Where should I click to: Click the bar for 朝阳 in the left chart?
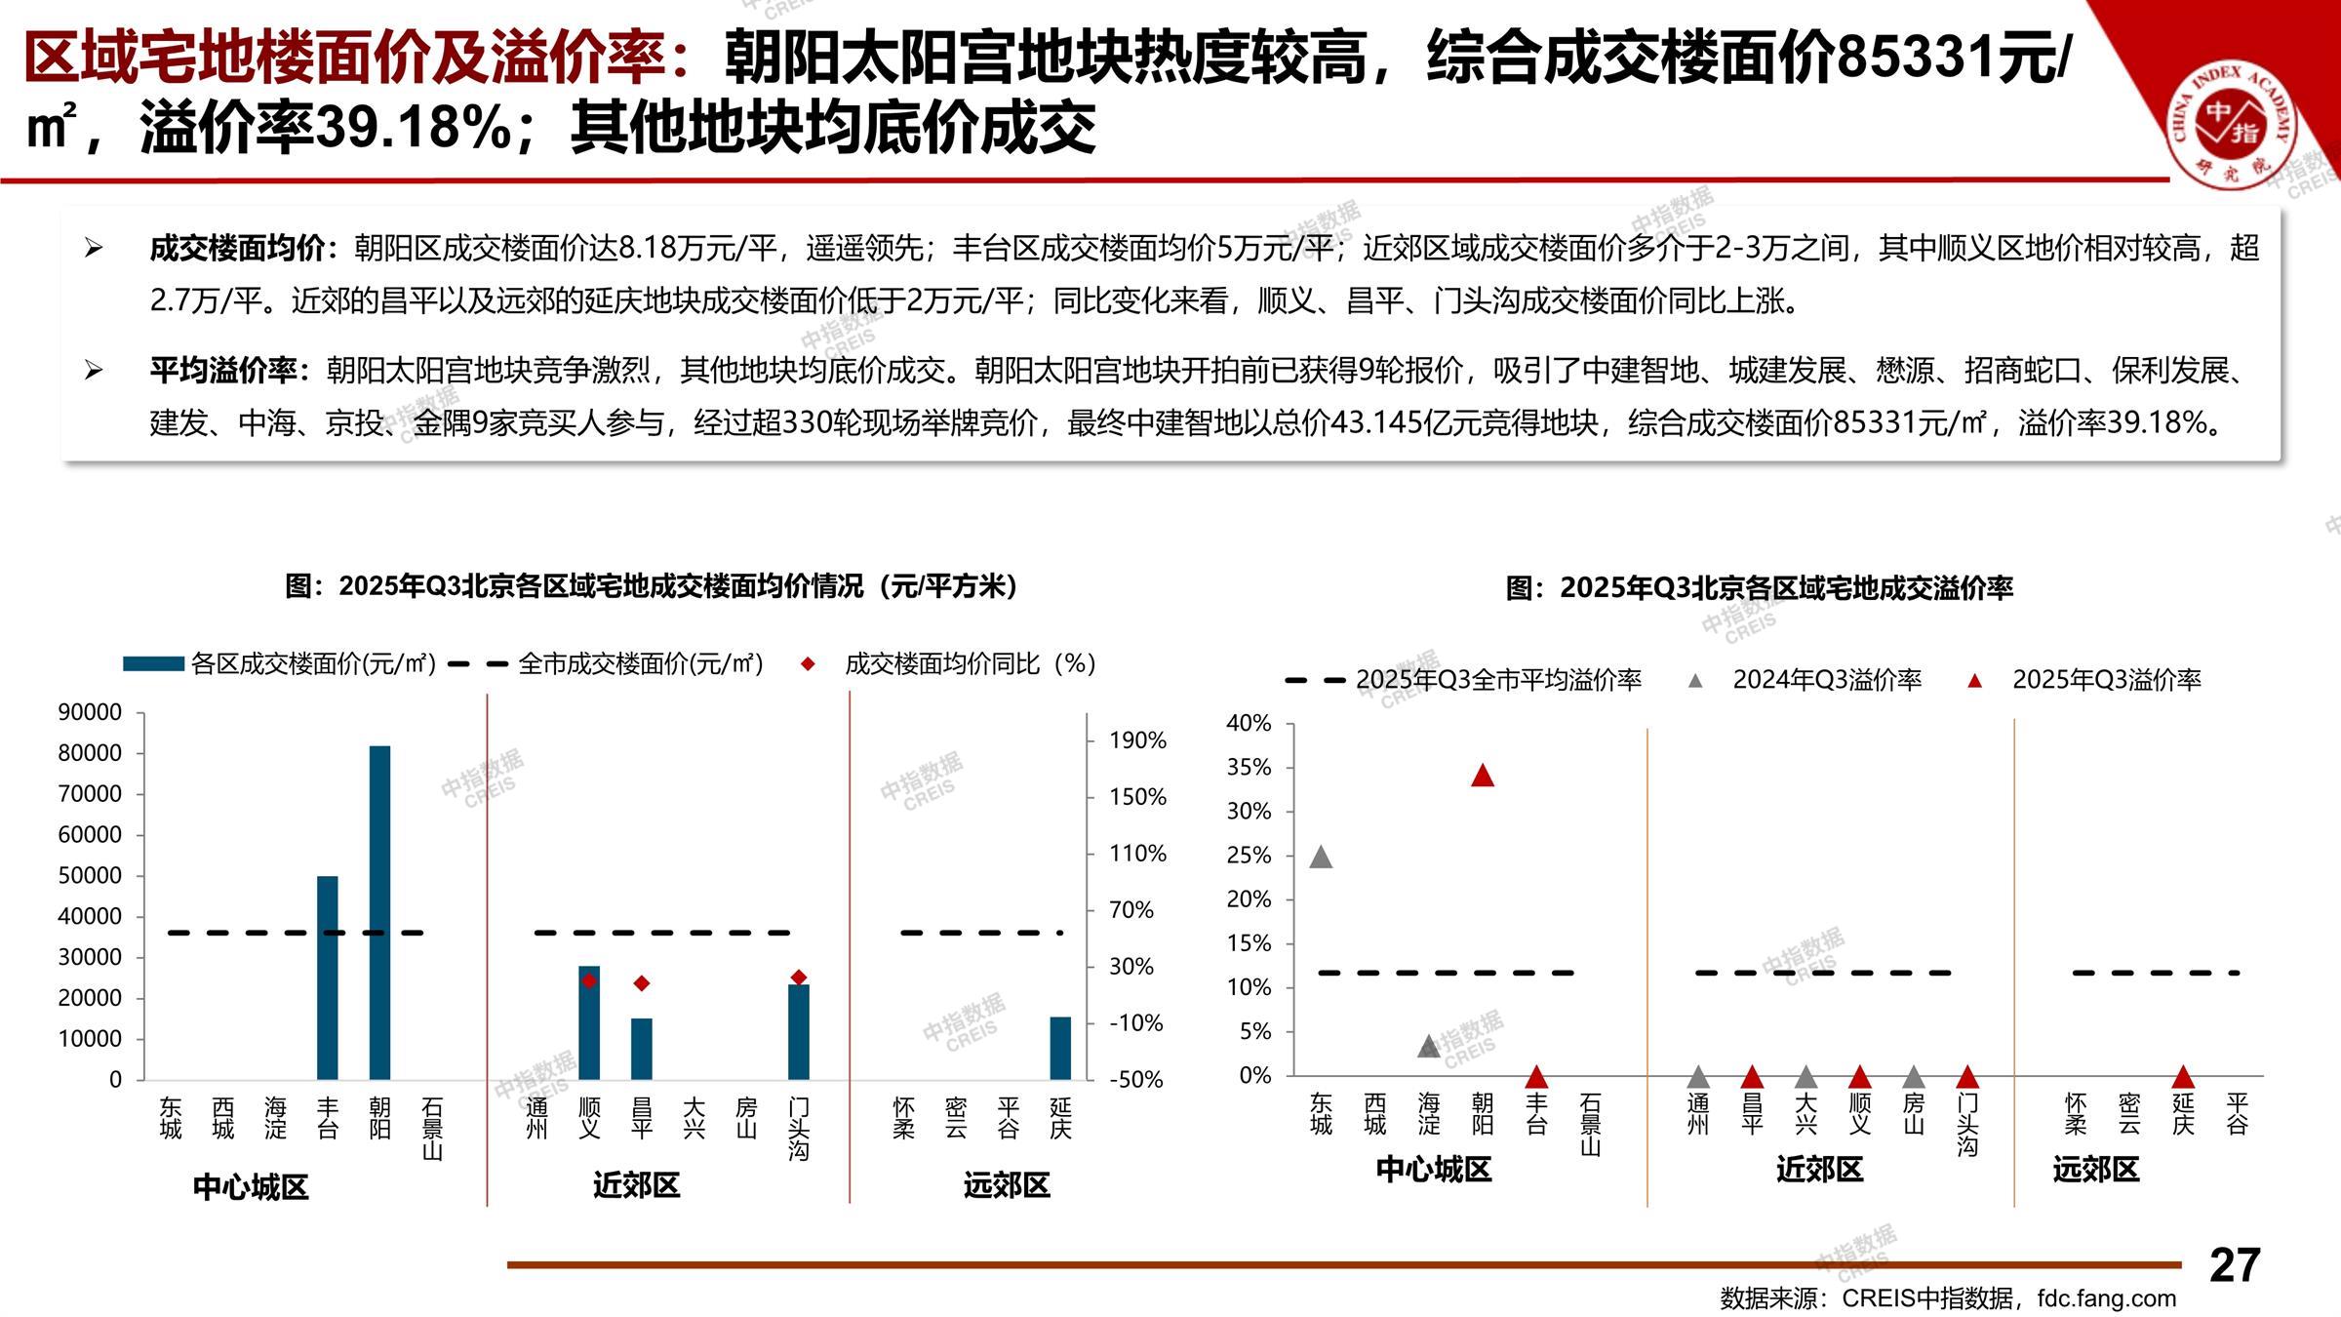[x=379, y=912]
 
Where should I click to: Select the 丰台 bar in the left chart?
[x=328, y=978]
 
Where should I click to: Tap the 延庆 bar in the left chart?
[x=1060, y=1048]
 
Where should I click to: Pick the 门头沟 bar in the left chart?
[x=799, y=1032]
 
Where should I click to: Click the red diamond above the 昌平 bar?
[x=642, y=983]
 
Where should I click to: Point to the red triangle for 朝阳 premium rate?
[x=1483, y=776]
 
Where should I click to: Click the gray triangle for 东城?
[x=1321, y=858]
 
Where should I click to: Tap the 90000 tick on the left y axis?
[x=90, y=712]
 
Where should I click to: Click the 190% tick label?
[x=1137, y=740]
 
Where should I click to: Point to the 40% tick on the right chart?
[x=1249, y=723]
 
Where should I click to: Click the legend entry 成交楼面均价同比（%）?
[x=970, y=664]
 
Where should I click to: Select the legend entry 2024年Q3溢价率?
[x=1826, y=680]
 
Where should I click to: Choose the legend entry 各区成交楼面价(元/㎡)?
[x=312, y=664]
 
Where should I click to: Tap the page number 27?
[x=2234, y=1265]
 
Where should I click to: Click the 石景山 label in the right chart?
[x=1590, y=1124]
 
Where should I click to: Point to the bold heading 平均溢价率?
[x=223, y=371]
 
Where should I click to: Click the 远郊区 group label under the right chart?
[x=2095, y=1169]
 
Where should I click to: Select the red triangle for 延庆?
[x=2183, y=1077]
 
